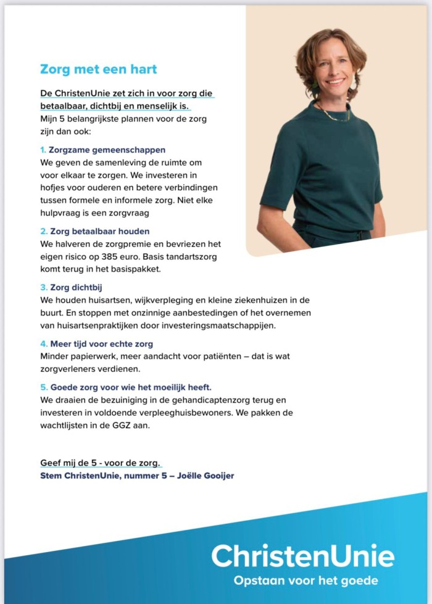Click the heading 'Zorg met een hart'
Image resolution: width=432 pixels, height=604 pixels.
pyautogui.click(x=99, y=69)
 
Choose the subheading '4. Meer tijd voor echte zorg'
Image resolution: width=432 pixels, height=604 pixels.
pyautogui.click(x=96, y=344)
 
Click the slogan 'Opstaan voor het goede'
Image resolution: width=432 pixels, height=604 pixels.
pyautogui.click(x=305, y=581)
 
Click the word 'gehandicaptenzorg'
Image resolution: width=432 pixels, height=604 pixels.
pyautogui.click(x=222, y=400)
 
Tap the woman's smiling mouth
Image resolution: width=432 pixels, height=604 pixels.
pyautogui.click(x=335, y=81)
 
